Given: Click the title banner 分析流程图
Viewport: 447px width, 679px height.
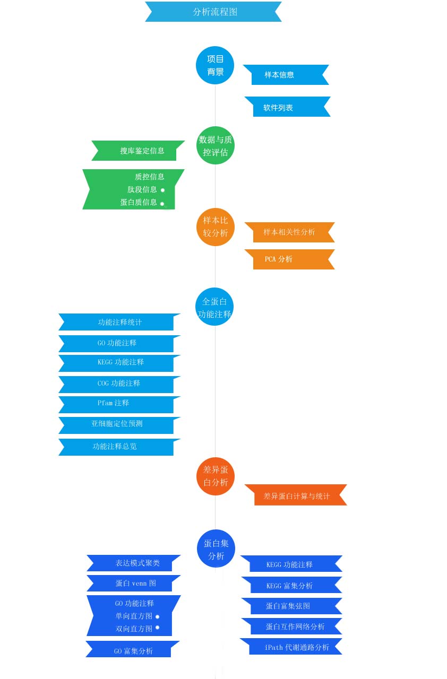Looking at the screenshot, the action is (x=213, y=12).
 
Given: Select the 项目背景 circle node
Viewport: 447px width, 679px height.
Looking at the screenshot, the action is (x=215, y=65).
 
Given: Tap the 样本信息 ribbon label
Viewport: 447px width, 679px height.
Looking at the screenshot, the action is (x=286, y=75).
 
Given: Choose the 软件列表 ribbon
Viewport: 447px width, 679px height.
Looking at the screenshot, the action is (x=288, y=107).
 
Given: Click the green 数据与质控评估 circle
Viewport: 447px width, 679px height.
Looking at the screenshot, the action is (x=216, y=145).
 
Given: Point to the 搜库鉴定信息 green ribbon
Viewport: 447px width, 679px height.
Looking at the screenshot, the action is (x=138, y=150).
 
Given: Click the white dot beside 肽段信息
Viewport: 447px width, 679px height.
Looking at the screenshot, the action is (x=162, y=190).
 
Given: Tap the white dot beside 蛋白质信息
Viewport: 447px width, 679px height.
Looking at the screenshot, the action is (x=162, y=204).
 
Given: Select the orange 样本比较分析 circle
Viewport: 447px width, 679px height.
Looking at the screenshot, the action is (x=216, y=227).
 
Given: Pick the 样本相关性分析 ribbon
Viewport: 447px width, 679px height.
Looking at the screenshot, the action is (x=290, y=232).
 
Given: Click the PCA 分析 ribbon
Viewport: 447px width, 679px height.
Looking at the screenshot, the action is (x=290, y=259).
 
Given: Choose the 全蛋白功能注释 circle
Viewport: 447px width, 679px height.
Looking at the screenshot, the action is (x=214, y=307).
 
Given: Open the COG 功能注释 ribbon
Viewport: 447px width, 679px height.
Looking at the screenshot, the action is (x=119, y=385).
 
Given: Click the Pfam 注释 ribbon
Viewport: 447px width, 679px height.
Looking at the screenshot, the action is (x=119, y=404).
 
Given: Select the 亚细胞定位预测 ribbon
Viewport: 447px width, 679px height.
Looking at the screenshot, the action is (x=119, y=425).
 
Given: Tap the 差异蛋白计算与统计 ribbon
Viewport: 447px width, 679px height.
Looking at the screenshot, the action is (x=296, y=495).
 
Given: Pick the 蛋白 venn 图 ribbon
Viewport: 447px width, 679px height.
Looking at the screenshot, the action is (x=133, y=583).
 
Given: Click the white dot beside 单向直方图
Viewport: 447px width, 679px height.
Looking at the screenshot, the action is (x=157, y=616).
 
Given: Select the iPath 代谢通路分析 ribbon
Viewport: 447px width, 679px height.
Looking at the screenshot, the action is (x=291, y=646).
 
